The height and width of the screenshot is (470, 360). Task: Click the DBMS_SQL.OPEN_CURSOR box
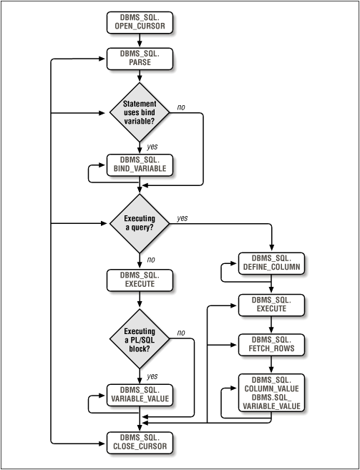pyautogui.click(x=140, y=22)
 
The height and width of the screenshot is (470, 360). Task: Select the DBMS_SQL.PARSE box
pyautogui.click(x=140, y=58)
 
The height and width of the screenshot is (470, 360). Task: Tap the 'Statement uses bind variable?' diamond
pyautogui.click(x=140, y=113)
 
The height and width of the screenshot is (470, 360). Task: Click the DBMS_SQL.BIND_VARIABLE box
pyautogui.click(x=140, y=165)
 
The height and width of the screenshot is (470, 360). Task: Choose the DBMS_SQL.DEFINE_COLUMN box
pyautogui.click(x=271, y=263)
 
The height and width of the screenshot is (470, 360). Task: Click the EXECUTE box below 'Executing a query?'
pyautogui.click(x=140, y=280)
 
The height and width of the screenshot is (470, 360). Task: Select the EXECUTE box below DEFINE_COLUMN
pyautogui.click(x=271, y=304)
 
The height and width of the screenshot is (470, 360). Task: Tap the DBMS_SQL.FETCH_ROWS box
pyautogui.click(x=271, y=343)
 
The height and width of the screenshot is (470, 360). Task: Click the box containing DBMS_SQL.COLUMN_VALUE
pyautogui.click(x=271, y=392)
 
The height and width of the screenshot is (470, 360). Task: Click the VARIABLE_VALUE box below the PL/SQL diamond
pyautogui.click(x=140, y=395)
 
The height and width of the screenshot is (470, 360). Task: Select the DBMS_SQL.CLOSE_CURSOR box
pyautogui.click(x=140, y=444)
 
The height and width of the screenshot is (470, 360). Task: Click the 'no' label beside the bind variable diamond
pyautogui.click(x=182, y=107)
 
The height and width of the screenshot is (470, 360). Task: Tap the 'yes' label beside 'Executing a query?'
pyautogui.click(x=182, y=217)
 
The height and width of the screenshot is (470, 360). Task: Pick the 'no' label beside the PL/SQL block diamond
pyautogui.click(x=181, y=332)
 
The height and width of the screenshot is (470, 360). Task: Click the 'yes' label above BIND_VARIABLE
pyautogui.click(x=152, y=145)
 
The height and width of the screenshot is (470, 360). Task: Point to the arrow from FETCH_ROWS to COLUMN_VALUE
pyautogui.click(x=271, y=364)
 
